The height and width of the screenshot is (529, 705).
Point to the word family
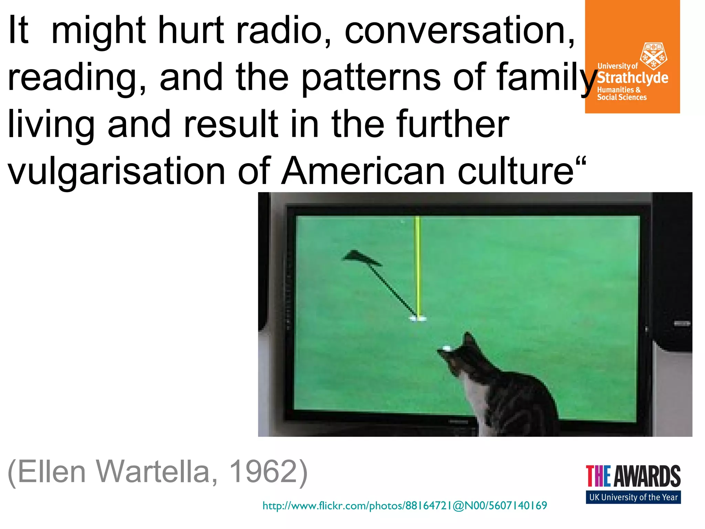point(547,79)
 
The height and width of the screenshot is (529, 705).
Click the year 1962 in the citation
point(263,471)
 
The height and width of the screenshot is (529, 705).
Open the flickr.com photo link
point(404,506)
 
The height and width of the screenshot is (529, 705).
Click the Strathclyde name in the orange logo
point(633,78)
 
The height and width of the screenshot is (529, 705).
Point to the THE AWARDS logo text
point(633,476)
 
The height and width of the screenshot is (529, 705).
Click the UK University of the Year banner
point(633,497)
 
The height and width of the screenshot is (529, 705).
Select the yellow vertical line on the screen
point(418,265)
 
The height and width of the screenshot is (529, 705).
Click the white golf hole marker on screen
point(418,319)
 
